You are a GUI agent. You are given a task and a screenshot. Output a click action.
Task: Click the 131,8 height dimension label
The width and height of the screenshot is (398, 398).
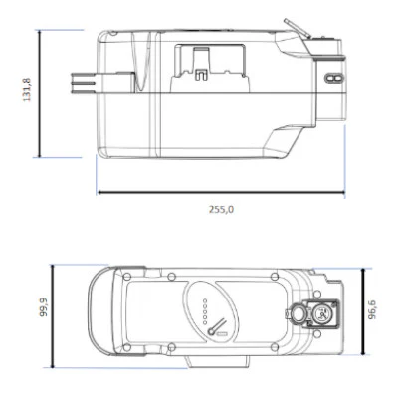27,92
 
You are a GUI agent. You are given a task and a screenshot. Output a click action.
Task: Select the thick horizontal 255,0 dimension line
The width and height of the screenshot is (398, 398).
220,192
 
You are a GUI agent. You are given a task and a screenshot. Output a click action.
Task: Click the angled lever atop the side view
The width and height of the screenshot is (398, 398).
292,25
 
